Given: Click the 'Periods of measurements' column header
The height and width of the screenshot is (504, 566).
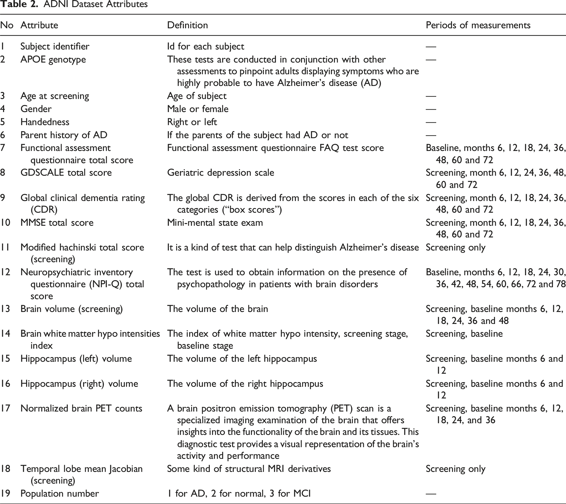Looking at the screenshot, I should (x=478, y=25).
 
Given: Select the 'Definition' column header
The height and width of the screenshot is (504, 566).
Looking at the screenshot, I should (x=187, y=25).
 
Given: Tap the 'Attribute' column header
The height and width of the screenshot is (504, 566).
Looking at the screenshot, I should (x=39, y=25).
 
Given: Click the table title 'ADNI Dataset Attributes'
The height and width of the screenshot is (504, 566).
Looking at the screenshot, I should (x=96, y=4).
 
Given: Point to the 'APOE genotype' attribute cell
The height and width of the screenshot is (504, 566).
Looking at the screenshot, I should (x=53, y=60).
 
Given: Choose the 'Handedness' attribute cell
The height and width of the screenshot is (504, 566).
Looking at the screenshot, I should (x=45, y=122).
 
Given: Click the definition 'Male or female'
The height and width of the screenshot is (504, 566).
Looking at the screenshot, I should (x=198, y=109).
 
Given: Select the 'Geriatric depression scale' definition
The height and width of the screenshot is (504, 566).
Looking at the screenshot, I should (x=220, y=173).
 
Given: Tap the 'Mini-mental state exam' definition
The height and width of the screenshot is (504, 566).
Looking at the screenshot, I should (x=215, y=223).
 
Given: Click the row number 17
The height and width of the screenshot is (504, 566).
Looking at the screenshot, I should (x=5, y=409).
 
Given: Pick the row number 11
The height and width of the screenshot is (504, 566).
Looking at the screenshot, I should (x=5, y=247).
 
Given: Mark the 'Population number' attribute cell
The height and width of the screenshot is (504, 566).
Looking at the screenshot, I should (x=60, y=493).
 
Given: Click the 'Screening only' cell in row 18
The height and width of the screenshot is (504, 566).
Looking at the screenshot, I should (x=456, y=469).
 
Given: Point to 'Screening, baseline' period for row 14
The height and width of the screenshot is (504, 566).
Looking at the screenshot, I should (x=464, y=334).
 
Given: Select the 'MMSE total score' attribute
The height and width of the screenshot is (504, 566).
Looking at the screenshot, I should (x=57, y=223).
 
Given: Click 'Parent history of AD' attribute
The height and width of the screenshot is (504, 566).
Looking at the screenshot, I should (x=64, y=135).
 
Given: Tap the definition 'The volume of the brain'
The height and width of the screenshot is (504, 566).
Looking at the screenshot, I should (x=217, y=309).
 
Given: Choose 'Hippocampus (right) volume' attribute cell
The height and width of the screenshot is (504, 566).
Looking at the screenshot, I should (x=79, y=384).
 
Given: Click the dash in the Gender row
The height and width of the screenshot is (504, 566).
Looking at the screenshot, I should (x=431, y=109).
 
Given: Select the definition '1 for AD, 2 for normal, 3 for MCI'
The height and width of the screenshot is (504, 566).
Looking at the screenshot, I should (x=239, y=493).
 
